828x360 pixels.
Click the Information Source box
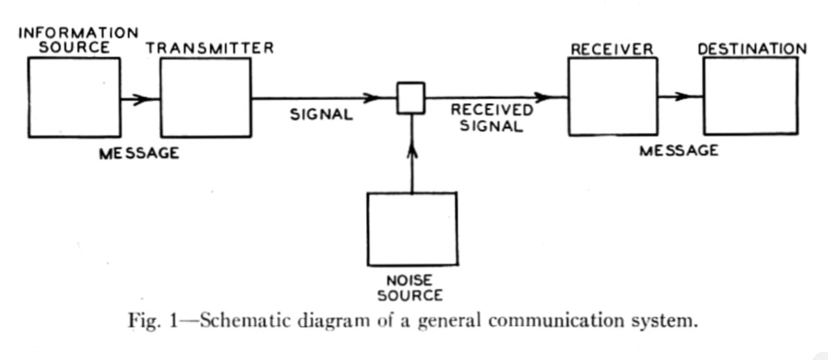point(73,97)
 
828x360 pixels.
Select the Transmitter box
point(206,97)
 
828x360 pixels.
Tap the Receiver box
point(612,96)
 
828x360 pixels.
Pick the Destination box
point(749,96)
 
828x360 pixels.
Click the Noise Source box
point(412,229)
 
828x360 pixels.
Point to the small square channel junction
point(411,98)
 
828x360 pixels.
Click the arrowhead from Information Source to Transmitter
point(141,98)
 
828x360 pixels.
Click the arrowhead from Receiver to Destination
point(685,96)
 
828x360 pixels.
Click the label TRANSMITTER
point(210,48)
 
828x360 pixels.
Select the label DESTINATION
point(752,48)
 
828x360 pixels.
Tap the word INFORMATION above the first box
point(78,33)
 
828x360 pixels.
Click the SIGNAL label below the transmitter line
point(321,115)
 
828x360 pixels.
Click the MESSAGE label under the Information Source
point(138,153)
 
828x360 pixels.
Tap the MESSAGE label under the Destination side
point(678,151)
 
